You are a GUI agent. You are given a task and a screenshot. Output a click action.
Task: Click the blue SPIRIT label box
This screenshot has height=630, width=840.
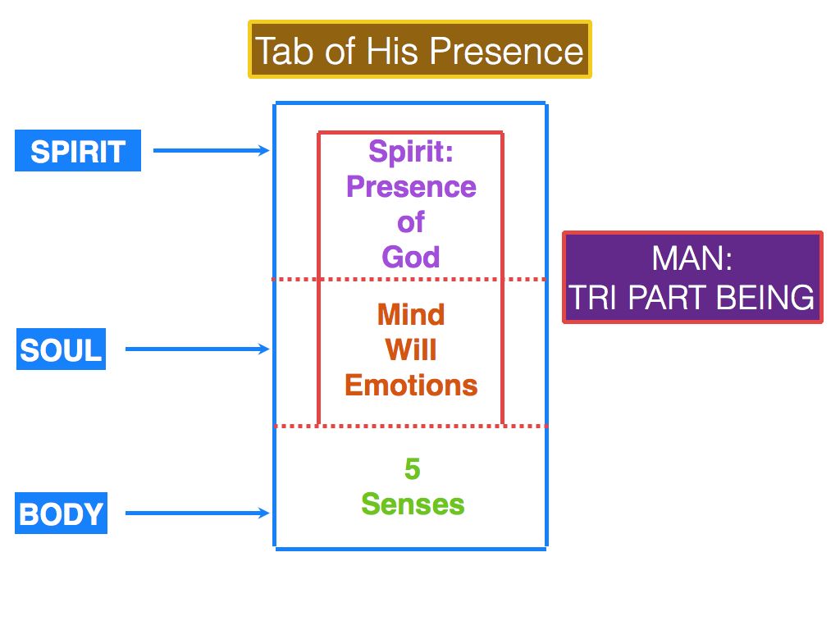click(78, 152)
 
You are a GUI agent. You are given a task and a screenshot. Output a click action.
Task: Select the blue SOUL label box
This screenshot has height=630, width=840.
click(61, 350)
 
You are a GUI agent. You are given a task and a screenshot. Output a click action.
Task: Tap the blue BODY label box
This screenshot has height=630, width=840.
click(62, 514)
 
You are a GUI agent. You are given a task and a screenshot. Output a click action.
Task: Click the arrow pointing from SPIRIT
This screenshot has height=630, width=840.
click(212, 150)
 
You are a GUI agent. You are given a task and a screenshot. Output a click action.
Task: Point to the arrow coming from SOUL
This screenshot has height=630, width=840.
click(198, 349)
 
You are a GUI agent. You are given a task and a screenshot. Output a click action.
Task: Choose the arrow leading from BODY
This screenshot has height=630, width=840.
click(198, 514)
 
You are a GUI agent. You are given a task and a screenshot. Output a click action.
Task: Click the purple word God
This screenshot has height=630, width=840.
click(411, 258)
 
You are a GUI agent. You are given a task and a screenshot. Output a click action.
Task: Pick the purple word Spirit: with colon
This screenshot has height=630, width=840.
click(411, 152)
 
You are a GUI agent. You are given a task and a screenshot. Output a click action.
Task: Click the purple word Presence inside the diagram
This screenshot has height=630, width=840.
click(411, 187)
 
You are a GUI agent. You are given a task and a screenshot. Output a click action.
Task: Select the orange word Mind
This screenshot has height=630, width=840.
click(411, 315)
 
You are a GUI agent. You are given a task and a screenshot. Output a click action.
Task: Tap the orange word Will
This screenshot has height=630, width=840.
click(411, 350)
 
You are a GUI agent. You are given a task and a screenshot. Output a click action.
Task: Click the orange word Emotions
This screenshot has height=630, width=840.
click(411, 386)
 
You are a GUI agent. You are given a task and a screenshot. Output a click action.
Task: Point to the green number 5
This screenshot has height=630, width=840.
click(412, 469)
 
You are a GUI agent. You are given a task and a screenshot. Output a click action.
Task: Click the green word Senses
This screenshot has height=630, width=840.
click(413, 504)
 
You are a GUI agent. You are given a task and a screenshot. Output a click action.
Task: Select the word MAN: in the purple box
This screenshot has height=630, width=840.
click(692, 259)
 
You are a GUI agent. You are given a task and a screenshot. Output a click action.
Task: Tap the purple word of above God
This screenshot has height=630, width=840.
click(411, 222)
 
